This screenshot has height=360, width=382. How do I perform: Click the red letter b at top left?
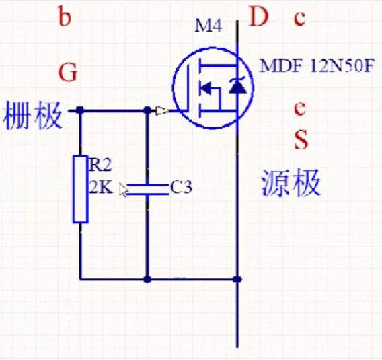pyautogui.click(x=65, y=15)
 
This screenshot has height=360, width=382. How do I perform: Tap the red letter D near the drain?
pyautogui.click(x=258, y=17)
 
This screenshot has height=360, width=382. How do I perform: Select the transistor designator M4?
pyautogui.click(x=208, y=26)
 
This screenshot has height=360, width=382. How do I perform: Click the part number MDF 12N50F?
pyautogui.click(x=316, y=65)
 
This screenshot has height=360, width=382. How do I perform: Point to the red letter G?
pyautogui.click(x=68, y=73)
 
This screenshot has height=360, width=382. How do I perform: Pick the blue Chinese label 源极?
pyautogui.click(x=291, y=183)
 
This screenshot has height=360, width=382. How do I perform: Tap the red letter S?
pyautogui.click(x=301, y=139)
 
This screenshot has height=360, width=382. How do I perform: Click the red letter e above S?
pyautogui.click(x=300, y=109)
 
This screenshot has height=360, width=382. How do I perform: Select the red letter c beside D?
pyautogui.click(x=299, y=18)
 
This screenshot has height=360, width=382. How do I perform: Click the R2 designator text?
pyautogui.click(x=100, y=165)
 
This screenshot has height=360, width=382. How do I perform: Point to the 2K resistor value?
pyautogui.click(x=101, y=188)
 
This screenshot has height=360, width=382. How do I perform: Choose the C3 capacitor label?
pyautogui.click(x=182, y=187)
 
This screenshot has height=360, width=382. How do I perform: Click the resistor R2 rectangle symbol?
pyautogui.click(x=81, y=189)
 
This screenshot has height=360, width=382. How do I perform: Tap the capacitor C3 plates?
pyautogui.click(x=148, y=190)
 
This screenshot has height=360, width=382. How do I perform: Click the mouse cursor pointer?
pyautogui.click(x=123, y=190)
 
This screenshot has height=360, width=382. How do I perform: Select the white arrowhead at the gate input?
pyautogui.click(x=162, y=111)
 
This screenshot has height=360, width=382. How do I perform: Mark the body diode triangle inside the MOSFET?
pyautogui.click(x=238, y=87)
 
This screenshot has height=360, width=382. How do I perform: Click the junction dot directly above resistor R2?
pyautogui.click(x=80, y=110)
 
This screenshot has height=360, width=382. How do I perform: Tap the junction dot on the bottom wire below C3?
pyautogui.click(x=147, y=279)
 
